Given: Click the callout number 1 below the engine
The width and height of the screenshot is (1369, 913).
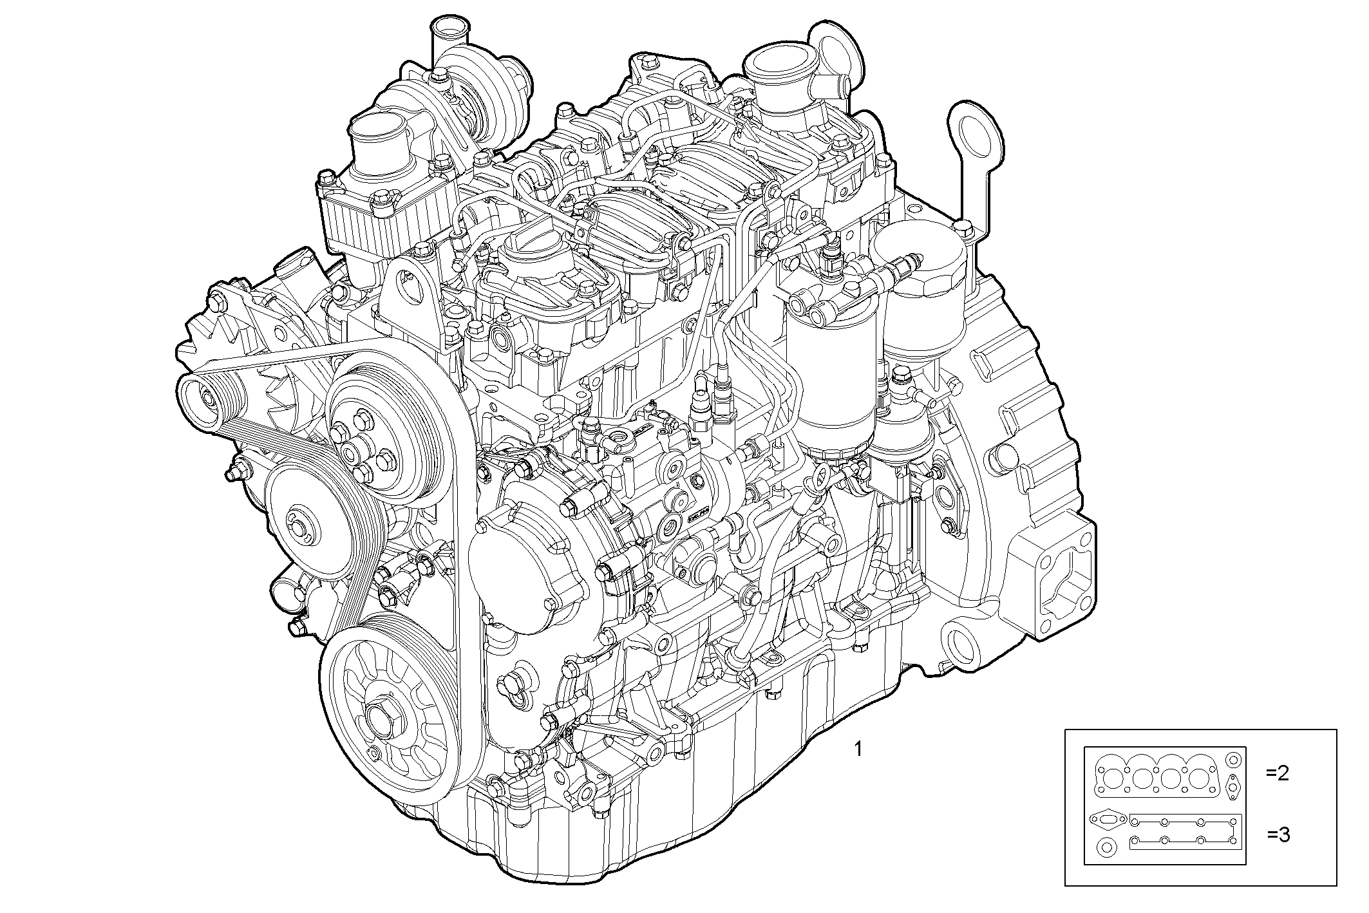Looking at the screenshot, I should tap(858, 749).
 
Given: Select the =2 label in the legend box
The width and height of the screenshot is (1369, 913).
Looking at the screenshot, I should tap(1278, 773).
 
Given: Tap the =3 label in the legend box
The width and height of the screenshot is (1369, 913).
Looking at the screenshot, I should tap(1278, 835).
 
